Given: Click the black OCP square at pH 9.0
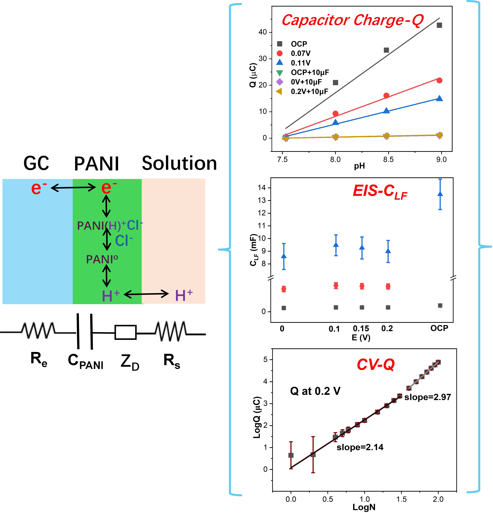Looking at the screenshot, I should tap(439, 25).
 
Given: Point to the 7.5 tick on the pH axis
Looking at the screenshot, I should tap(282, 159).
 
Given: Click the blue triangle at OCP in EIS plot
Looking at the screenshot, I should tap(440, 194).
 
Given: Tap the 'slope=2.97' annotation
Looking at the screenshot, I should tap(428, 397).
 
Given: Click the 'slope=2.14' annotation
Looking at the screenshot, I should tap(360, 447).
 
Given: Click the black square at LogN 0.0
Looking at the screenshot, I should tap(291, 455).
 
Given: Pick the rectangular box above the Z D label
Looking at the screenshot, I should tap(125, 332).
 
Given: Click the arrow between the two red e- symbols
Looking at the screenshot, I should tap(73, 187).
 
